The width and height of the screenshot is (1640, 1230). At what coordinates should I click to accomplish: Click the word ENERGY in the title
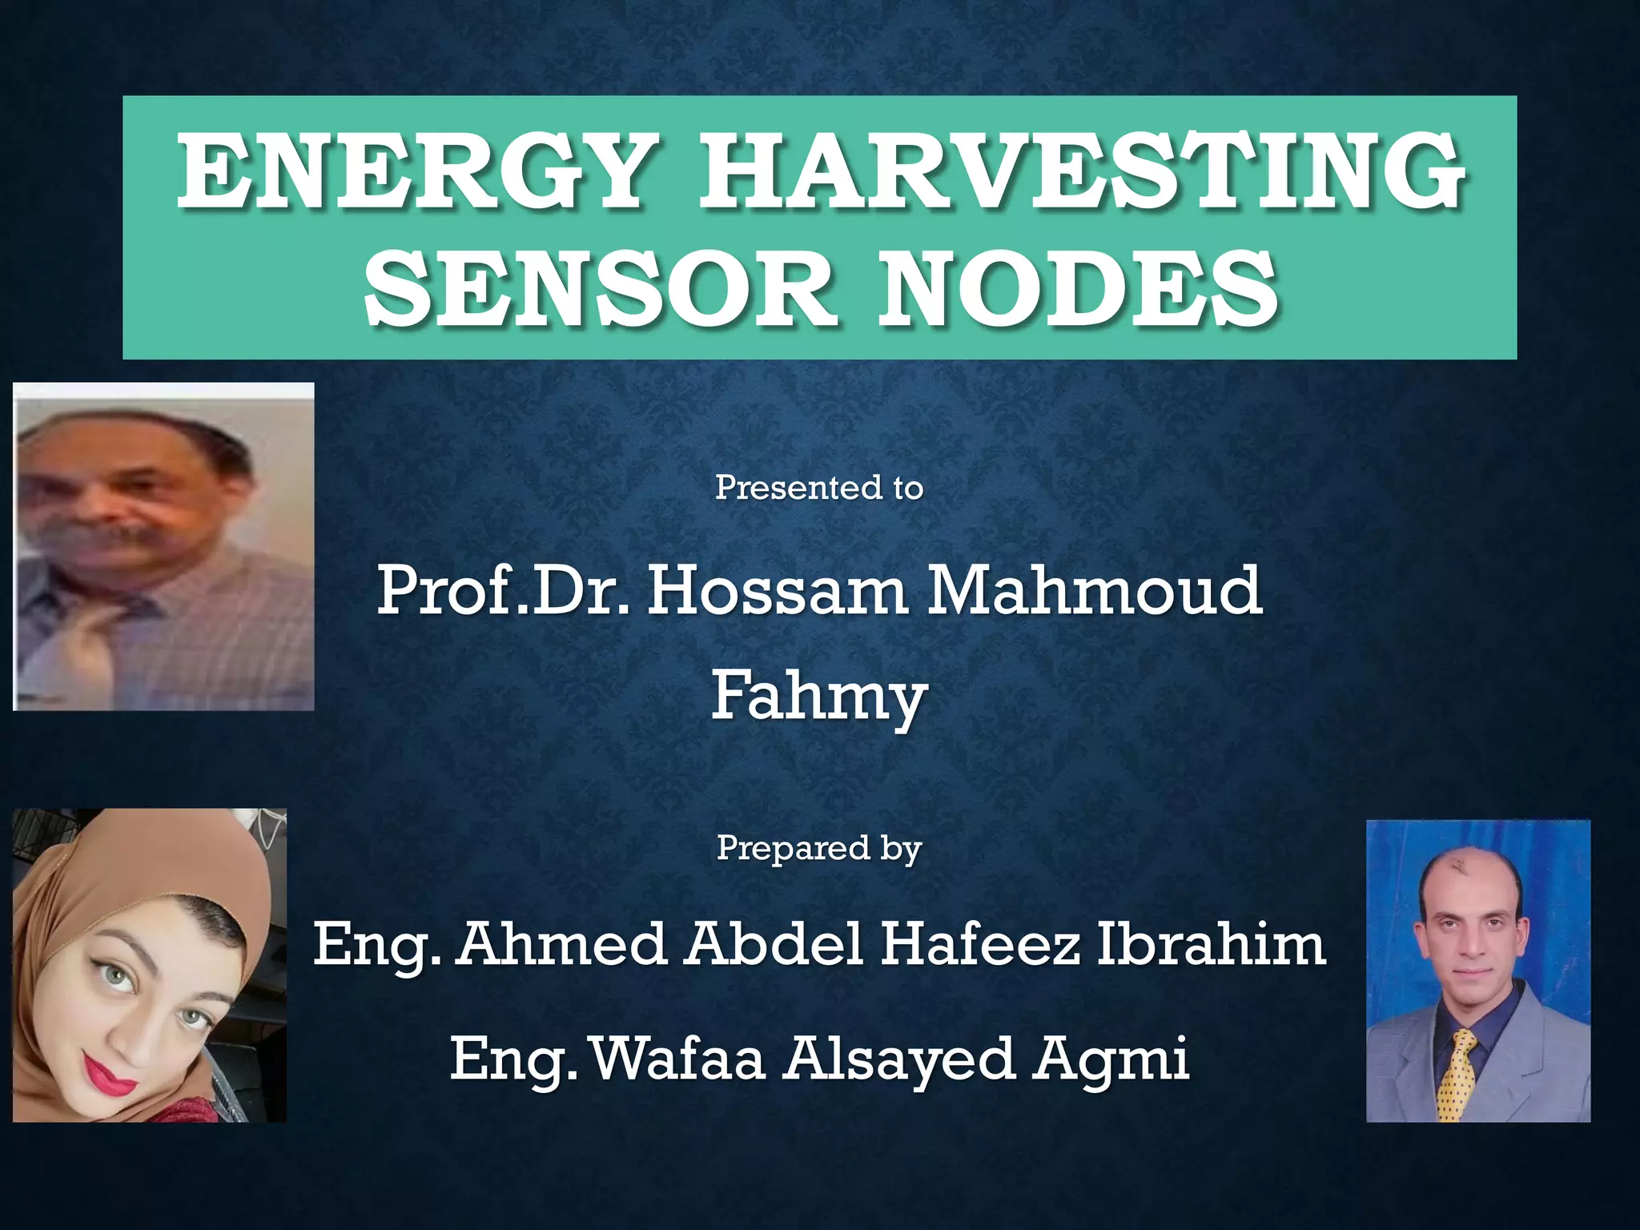[x=410, y=171]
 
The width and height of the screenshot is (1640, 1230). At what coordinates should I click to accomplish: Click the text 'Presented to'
[x=819, y=488]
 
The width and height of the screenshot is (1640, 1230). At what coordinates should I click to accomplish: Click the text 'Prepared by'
[x=819, y=848]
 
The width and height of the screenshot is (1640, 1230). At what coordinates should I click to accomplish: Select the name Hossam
[x=777, y=591]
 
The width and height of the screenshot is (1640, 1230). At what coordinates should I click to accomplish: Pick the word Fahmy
[x=819, y=695]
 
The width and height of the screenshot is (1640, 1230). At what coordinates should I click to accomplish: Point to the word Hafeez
[x=980, y=945]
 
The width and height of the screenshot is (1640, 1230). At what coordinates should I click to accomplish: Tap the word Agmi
[x=1110, y=1059]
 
